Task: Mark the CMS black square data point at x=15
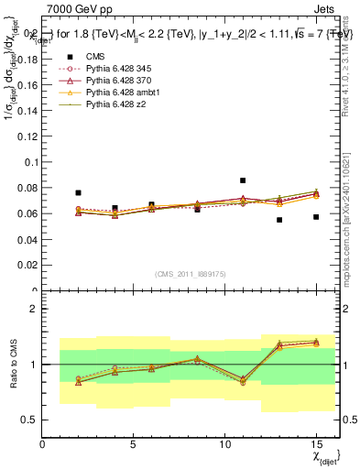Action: coord(316,217)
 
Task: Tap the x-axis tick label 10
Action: coord(224,445)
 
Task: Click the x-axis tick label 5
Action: coord(134,445)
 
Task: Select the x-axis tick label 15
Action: coord(316,445)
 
